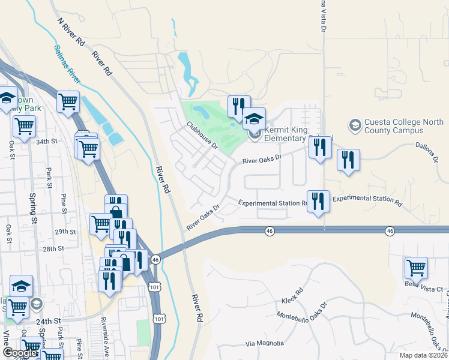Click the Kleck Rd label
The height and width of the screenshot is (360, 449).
[x=292, y=297]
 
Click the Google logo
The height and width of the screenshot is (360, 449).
[x=19, y=353]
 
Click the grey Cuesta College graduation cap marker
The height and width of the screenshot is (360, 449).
[x=355, y=125]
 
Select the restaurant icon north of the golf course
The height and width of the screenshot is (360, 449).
[x=238, y=107]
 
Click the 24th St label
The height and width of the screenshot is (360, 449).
[x=48, y=321]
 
